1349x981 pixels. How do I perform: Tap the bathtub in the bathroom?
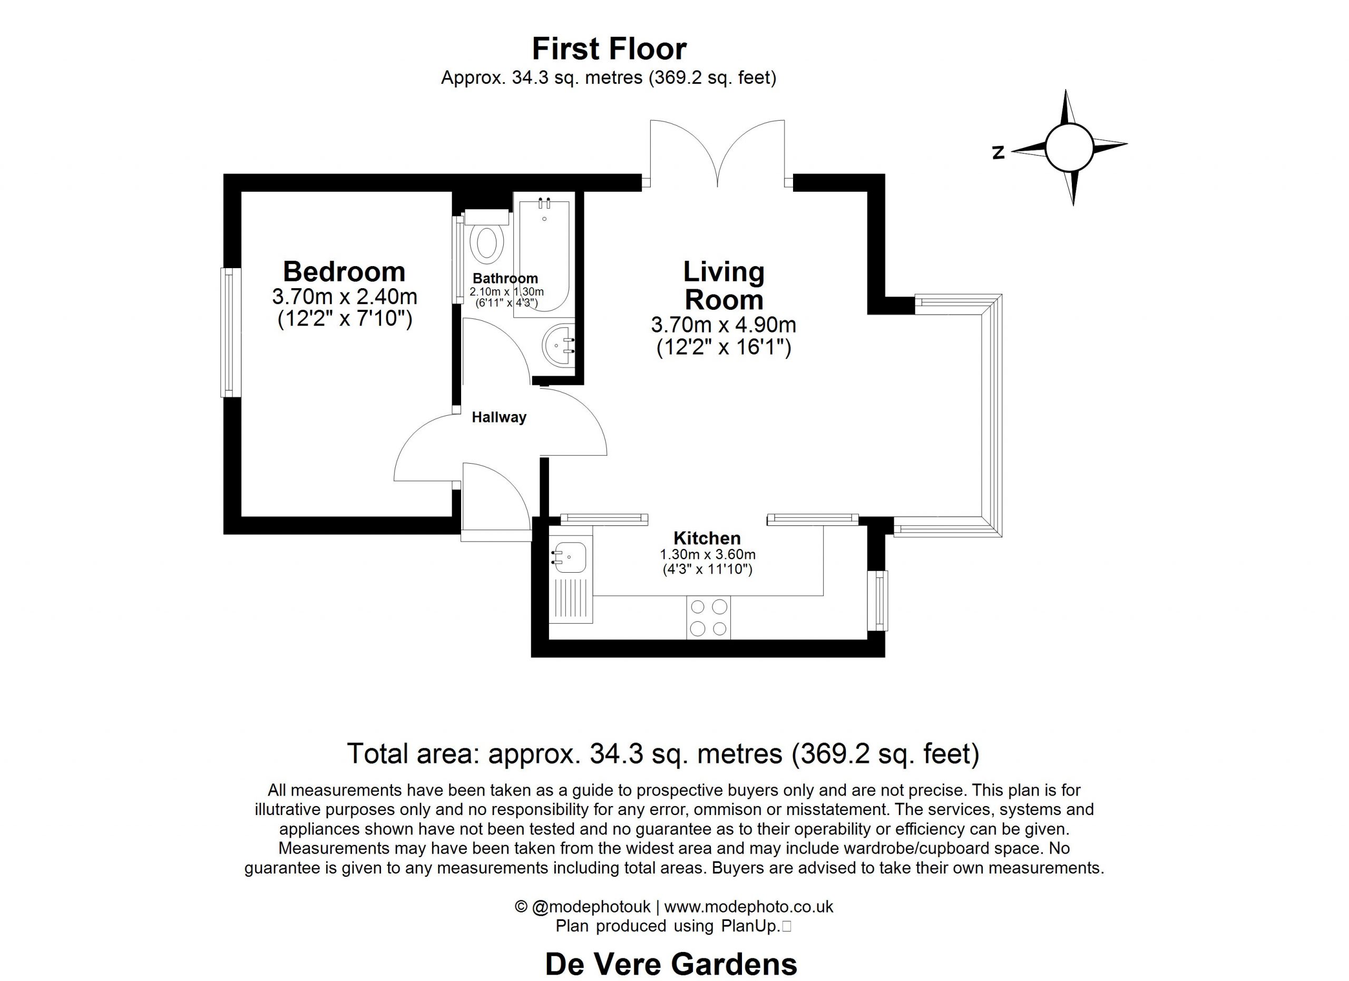click(x=544, y=256)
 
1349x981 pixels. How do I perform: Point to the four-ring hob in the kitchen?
click(x=708, y=617)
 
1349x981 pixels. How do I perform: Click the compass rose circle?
click(x=1068, y=148)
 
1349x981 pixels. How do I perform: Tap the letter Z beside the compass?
click(x=998, y=153)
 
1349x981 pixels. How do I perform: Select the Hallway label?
click(x=499, y=417)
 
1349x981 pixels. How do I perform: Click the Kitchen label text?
click(x=707, y=538)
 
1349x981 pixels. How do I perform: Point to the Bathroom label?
click(x=505, y=278)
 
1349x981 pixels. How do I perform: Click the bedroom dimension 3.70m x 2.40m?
click(x=345, y=296)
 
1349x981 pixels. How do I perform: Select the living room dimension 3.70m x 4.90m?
click(x=724, y=325)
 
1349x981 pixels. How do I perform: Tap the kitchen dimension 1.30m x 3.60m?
click(x=708, y=555)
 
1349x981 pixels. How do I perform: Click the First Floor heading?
click(x=609, y=49)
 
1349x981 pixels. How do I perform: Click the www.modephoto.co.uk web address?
click(x=749, y=907)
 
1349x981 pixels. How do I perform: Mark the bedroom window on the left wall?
click(x=231, y=332)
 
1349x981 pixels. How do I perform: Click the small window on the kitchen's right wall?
click(x=877, y=601)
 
